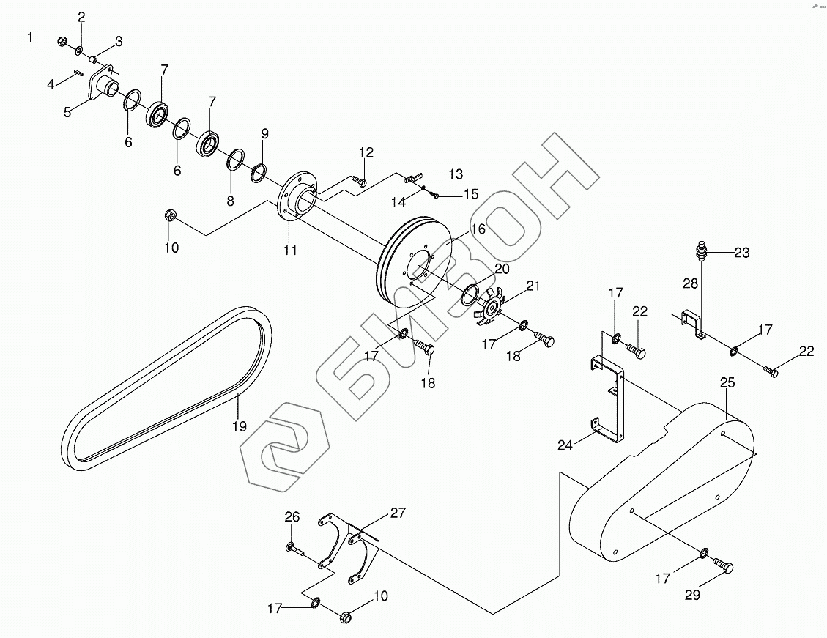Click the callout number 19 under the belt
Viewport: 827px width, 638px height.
click(x=240, y=426)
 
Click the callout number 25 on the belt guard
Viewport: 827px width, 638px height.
click(x=727, y=382)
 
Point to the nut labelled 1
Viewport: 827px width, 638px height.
click(x=62, y=41)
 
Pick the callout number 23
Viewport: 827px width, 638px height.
click(x=741, y=253)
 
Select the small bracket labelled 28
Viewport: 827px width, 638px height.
click(x=692, y=324)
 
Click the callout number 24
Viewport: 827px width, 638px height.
click(x=565, y=445)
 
